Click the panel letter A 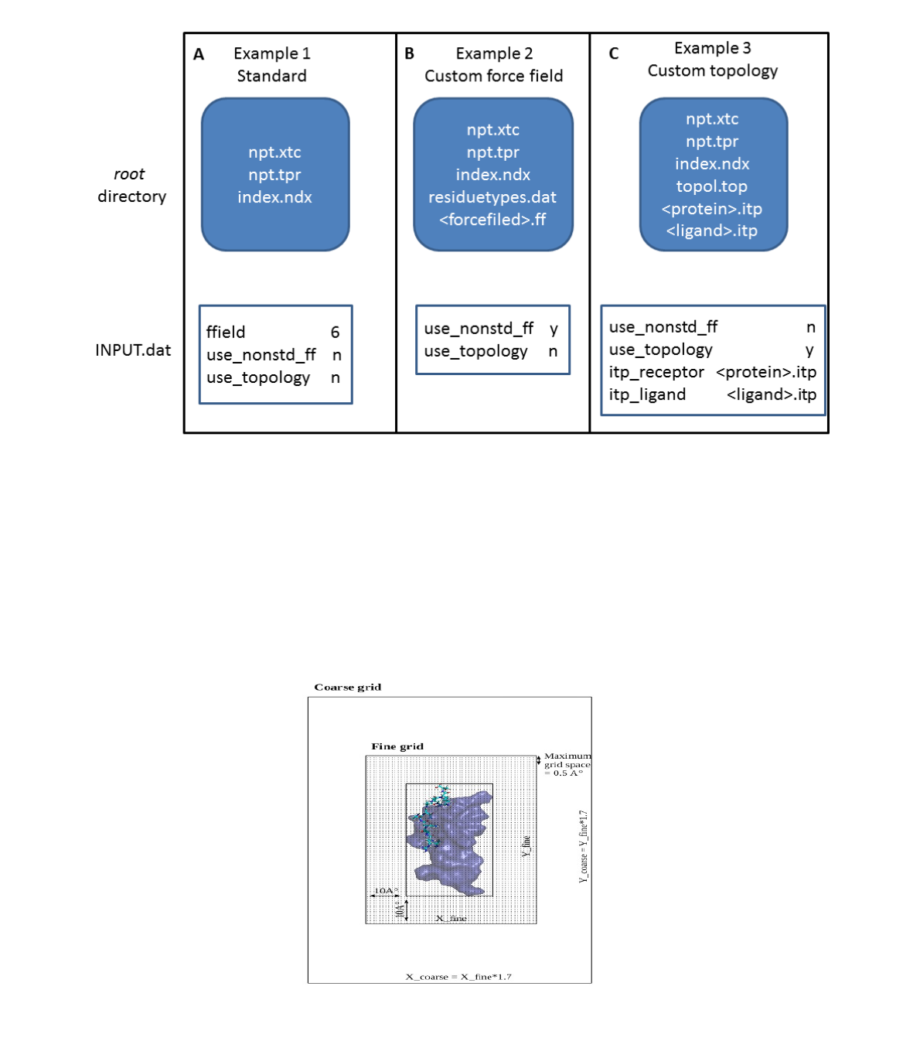tap(199, 54)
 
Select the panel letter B tap(409, 53)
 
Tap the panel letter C tap(614, 53)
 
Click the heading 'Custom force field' tap(493, 76)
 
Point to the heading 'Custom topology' tap(712, 70)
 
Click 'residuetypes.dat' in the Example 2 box tap(492, 197)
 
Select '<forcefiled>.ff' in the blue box tap(492, 220)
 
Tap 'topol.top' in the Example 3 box tap(711, 186)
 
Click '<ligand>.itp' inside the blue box tap(711, 230)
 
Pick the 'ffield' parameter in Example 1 tap(226, 332)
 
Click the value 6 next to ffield tap(335, 332)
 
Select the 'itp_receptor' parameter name tap(656, 372)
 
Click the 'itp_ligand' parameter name tap(647, 394)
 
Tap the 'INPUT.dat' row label tap(133, 350)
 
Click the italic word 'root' tap(129, 174)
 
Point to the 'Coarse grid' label tap(347, 687)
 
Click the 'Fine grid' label tap(397, 746)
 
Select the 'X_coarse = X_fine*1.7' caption tap(458, 977)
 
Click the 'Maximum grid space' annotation tap(567, 764)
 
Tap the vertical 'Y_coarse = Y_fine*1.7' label tap(584, 846)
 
